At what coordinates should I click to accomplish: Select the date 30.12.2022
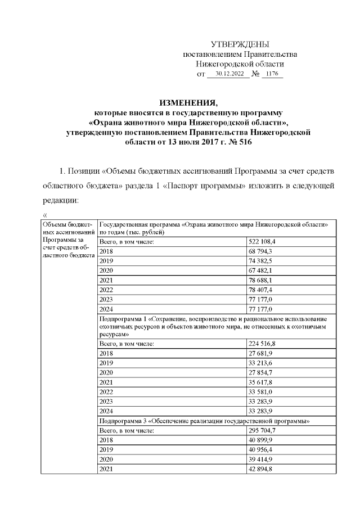click(x=228, y=74)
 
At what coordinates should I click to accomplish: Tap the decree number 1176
click(x=272, y=74)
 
